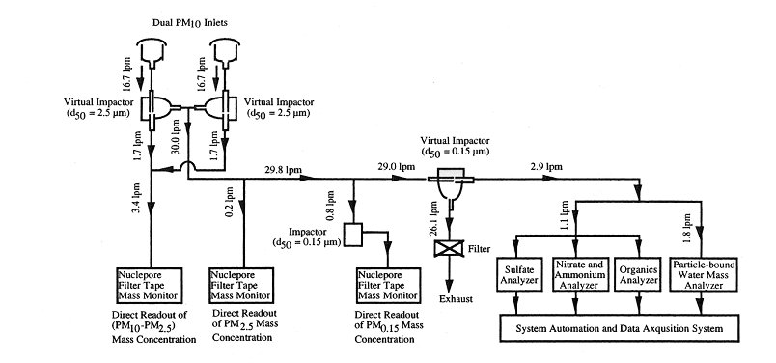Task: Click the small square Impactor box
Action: point(354,235)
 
